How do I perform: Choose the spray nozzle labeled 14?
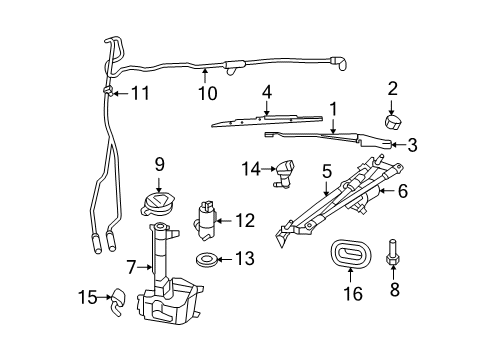[x=287, y=171]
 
